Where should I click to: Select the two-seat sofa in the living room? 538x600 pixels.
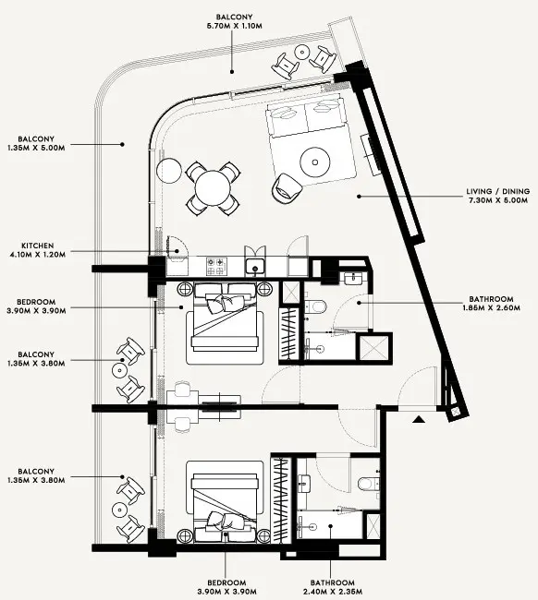click(x=303, y=117)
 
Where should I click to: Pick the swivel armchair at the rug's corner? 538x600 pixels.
click(x=286, y=186)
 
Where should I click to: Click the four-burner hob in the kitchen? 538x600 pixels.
click(x=216, y=266)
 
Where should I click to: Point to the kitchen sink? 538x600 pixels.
click(x=254, y=267)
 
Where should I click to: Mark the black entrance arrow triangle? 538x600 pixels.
click(x=419, y=420)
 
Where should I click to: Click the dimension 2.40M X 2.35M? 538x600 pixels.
click(x=331, y=591)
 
